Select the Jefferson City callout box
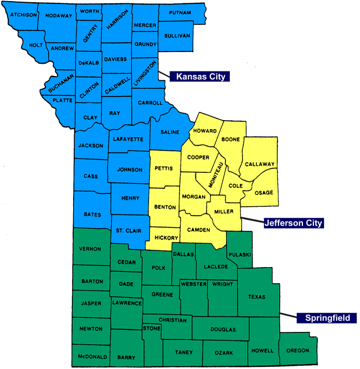(293, 223)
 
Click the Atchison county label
(23, 15)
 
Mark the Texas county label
(256, 297)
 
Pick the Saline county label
(169, 132)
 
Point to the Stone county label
(152, 329)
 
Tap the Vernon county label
(90, 249)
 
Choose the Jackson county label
(91, 146)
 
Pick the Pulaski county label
(241, 254)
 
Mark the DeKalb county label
(88, 63)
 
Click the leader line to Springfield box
(288, 315)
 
